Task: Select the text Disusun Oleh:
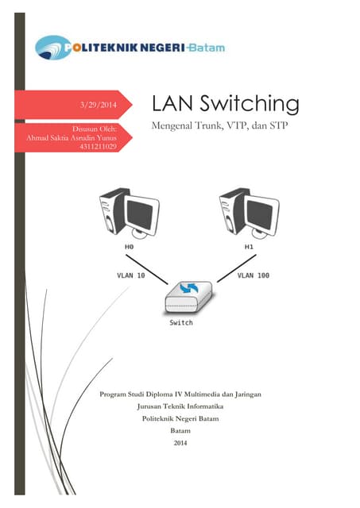(x=95, y=127)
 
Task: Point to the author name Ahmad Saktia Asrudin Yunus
(x=72, y=136)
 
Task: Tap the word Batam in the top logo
(x=206, y=48)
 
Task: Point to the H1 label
(x=249, y=248)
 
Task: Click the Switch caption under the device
(x=181, y=323)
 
